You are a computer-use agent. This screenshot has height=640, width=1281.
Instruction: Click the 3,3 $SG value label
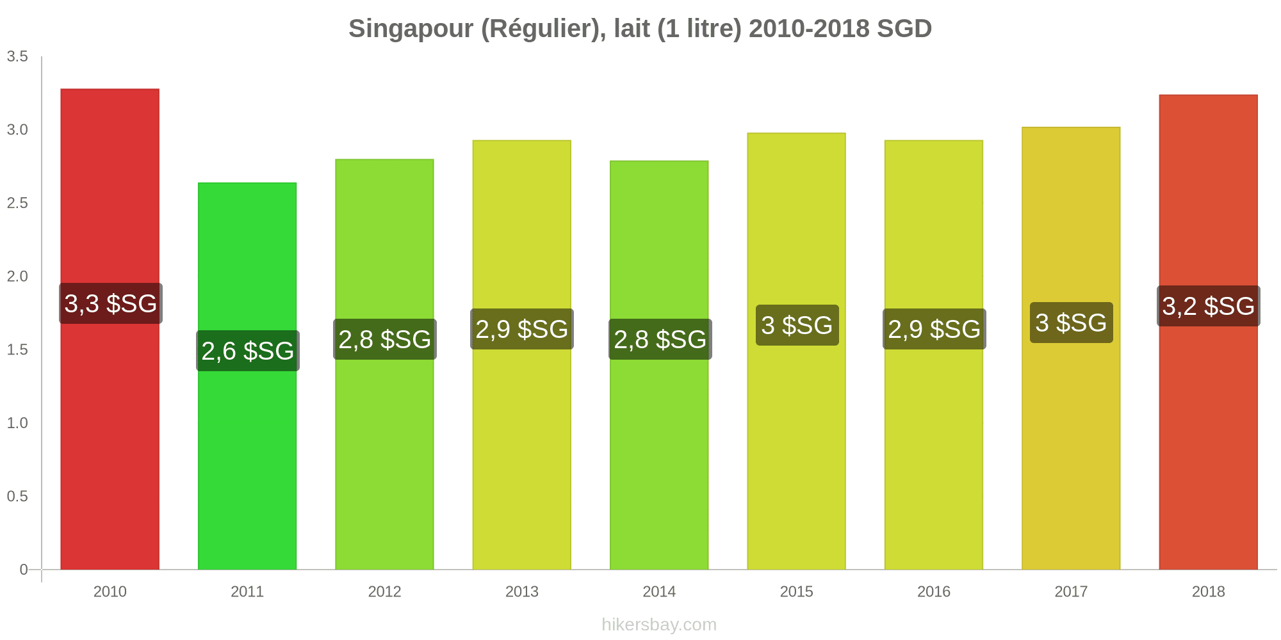(111, 303)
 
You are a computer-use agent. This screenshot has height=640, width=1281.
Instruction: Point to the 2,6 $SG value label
(248, 351)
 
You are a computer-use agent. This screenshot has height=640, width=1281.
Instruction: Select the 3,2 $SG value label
(1208, 306)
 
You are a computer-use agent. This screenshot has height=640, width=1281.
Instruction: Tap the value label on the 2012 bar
(385, 339)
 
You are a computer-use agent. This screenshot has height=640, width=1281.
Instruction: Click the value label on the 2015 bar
(797, 325)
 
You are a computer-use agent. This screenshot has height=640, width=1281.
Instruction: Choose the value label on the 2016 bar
(934, 329)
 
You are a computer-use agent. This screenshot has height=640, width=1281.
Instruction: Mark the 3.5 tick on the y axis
(17, 57)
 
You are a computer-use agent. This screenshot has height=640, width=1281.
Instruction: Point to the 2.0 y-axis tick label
(17, 276)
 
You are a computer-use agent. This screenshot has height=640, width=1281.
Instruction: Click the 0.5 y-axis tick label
(17, 497)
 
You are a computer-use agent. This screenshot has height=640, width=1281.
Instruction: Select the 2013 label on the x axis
(522, 592)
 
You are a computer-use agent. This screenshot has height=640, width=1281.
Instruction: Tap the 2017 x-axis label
(1071, 592)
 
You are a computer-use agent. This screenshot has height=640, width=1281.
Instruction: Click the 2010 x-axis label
(110, 592)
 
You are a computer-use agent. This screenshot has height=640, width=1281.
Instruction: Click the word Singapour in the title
(411, 29)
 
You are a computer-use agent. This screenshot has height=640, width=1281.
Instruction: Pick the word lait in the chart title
(632, 29)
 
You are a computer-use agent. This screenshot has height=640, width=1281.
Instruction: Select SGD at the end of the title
(904, 29)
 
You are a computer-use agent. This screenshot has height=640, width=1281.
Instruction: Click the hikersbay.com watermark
(659, 625)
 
